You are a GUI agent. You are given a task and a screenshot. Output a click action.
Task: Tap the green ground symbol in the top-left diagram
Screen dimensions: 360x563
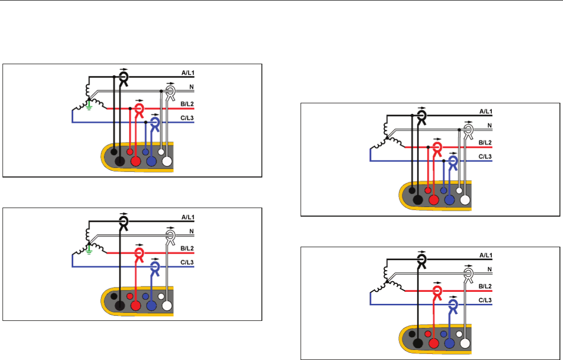point(89,105)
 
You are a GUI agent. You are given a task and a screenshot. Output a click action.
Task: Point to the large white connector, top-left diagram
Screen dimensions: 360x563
point(167,161)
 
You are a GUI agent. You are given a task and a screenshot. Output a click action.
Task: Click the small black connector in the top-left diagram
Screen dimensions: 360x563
point(114,151)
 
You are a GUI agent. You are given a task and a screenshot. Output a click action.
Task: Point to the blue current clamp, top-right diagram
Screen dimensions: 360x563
point(453,161)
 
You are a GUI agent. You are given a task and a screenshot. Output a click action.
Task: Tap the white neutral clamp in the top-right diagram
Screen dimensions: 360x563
point(468,131)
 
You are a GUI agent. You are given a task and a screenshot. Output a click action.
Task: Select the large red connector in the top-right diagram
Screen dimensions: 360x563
point(433,200)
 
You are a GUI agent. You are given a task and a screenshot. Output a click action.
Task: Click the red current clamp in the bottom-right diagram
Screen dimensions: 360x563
point(437,290)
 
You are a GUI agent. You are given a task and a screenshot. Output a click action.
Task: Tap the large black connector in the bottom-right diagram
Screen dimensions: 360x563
point(417,343)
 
